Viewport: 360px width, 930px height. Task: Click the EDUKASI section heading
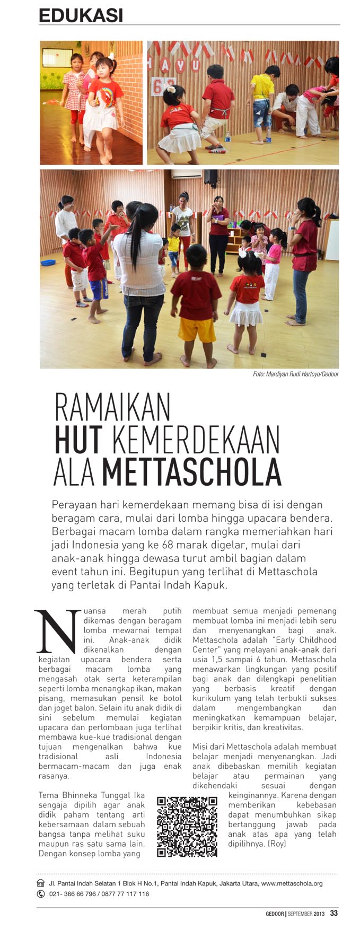point(81,15)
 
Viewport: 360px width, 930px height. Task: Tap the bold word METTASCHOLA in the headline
point(191,471)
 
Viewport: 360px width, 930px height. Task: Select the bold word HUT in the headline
point(78,440)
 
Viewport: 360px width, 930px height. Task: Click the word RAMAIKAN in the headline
point(113,408)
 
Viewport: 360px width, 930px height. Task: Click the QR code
point(187,827)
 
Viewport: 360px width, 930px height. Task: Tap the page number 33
point(333,913)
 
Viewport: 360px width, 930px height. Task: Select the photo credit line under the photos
point(295,374)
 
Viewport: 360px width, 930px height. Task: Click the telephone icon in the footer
point(41,893)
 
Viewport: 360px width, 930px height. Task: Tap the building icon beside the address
point(41,883)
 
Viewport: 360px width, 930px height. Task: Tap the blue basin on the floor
point(48,262)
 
